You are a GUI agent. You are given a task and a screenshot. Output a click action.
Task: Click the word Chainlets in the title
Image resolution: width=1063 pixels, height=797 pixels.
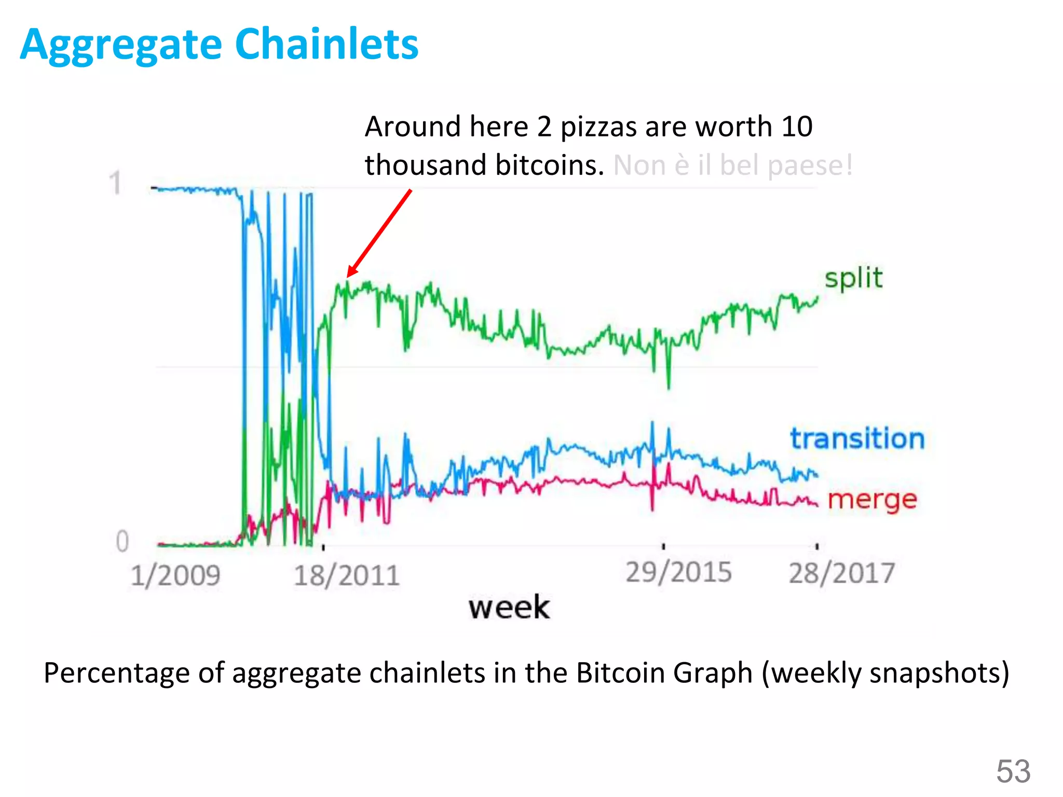point(326,44)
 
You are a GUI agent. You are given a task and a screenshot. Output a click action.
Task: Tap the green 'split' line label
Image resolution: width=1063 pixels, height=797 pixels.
point(853,279)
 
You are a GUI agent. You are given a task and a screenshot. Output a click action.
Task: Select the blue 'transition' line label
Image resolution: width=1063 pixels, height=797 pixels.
point(857,438)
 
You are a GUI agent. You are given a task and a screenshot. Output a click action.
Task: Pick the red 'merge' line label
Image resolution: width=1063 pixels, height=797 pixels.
point(872,500)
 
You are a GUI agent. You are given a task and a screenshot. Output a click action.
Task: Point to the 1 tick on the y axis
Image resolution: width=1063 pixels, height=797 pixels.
point(116,184)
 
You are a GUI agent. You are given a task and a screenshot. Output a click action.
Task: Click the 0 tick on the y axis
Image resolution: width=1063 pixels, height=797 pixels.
point(122,541)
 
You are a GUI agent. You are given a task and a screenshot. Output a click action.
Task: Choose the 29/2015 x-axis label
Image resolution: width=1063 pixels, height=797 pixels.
point(678,572)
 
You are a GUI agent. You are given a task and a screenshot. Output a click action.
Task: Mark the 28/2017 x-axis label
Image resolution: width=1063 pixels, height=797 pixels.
point(841,573)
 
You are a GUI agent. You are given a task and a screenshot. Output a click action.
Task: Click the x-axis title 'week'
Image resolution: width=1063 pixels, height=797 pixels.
point(509,607)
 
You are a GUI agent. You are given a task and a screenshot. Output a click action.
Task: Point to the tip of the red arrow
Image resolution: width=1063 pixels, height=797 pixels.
point(348,276)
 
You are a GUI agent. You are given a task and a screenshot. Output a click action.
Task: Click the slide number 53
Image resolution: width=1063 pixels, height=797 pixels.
point(1013,771)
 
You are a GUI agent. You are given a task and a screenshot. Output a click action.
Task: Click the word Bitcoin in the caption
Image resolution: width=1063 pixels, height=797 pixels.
point(621,673)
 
